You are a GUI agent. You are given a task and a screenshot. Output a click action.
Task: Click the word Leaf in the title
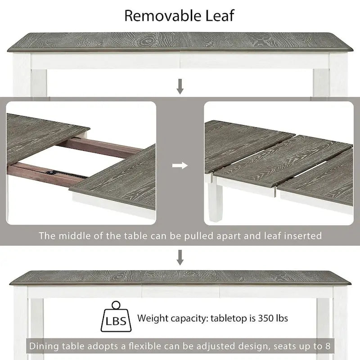pyautogui.click(x=219, y=15)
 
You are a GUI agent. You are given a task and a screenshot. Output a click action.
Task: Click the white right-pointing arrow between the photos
pyautogui.click(x=180, y=166)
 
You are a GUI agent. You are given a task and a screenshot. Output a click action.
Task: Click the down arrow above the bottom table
pyautogui.click(x=180, y=257)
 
